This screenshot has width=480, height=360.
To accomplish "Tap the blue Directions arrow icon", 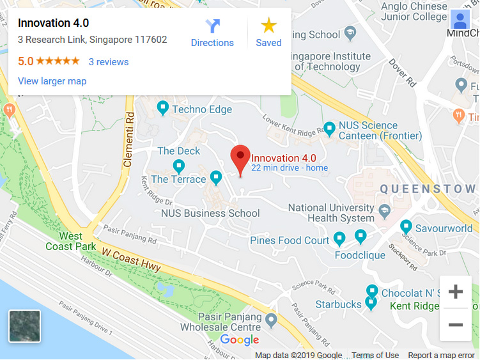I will pos(212,26).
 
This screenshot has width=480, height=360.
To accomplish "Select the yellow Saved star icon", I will pos(268,26).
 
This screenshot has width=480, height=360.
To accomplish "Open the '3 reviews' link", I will pos(108,62).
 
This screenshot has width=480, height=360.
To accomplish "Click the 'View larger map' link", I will pos(52,81).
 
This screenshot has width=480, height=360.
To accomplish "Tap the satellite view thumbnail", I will pos(24,326).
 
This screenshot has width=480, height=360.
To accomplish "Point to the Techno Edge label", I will pos(202,109).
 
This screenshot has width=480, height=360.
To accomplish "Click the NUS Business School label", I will pos(210,214).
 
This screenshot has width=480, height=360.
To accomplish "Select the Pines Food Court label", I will pos(290,240).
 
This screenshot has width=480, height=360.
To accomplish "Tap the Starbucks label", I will pos(338,304).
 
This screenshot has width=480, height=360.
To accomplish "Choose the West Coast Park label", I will pos(70,241).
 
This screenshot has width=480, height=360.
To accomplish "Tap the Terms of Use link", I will pos(375,356).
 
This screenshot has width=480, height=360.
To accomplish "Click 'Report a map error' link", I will pos(441,356).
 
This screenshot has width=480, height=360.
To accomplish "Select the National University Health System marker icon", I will pos(385,210).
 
